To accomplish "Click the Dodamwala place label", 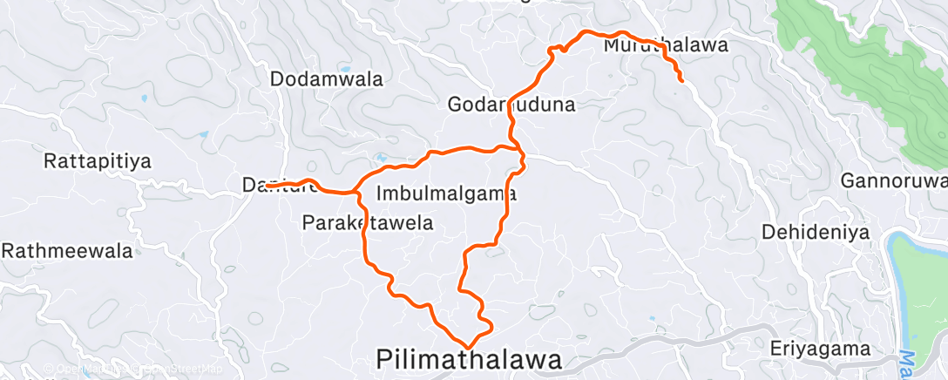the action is point(327,79).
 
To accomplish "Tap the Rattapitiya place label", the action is point(98,161).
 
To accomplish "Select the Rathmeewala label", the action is point(67,251).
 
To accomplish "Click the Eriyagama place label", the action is point(820,349).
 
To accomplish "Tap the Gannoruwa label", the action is point(894,181).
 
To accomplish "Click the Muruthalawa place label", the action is point(666,44).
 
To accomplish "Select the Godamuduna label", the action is point(511,105).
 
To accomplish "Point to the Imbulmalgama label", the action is point(448,193).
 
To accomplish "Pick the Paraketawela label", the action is point(368,223).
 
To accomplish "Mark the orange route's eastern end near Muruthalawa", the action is point(681,80).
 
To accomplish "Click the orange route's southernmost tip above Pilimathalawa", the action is point(469,347).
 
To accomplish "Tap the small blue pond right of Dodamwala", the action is point(345,68).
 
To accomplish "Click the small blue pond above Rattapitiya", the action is point(202,135).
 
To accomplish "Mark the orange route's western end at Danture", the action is point(267,186).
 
